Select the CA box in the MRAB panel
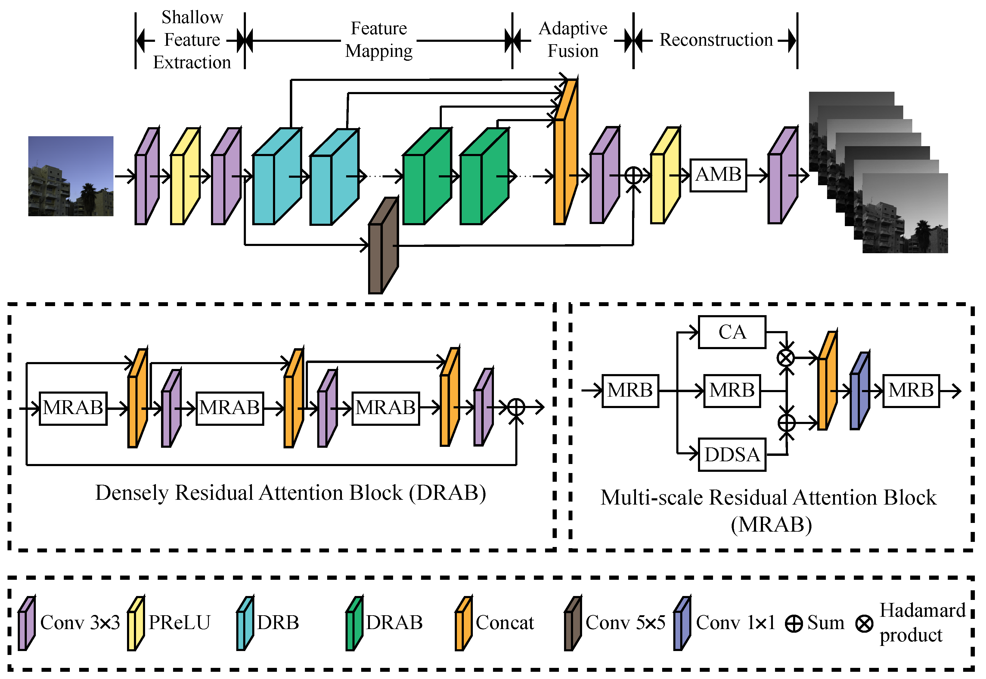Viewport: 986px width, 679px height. [x=732, y=332]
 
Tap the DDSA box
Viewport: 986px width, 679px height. [x=732, y=454]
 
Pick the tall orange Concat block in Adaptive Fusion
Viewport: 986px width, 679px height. [x=565, y=153]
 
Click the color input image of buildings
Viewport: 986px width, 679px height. [x=71, y=176]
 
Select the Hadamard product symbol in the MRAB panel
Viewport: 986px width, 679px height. [x=786, y=358]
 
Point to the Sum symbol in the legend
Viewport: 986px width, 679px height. [x=794, y=624]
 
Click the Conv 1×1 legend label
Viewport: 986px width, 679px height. [x=735, y=623]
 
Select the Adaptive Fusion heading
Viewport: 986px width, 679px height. [x=573, y=40]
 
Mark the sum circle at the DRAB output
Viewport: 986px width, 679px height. [x=516, y=407]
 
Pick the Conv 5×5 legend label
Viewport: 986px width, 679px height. [x=625, y=623]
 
